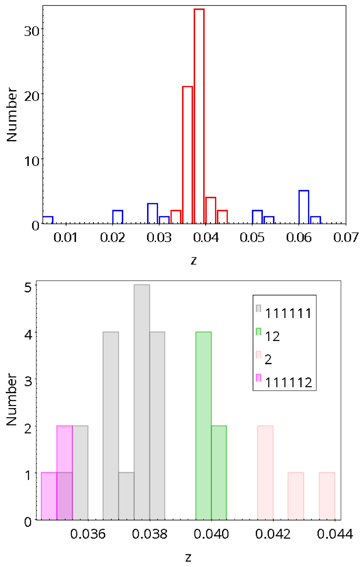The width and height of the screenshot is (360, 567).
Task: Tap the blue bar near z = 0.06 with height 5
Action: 304,207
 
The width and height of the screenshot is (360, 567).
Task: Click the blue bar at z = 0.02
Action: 118,217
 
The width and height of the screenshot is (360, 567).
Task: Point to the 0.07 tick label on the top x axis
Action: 346,238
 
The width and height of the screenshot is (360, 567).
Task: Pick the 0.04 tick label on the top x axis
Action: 206,238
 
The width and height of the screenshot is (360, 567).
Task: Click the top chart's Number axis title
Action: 12,114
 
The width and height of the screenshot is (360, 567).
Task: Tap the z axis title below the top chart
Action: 194,260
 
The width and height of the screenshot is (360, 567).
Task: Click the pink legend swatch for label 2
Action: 258,355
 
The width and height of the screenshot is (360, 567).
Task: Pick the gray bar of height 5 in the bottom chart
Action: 142,402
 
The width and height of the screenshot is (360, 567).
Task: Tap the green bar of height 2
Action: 219,472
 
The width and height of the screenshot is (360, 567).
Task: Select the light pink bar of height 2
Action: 265,472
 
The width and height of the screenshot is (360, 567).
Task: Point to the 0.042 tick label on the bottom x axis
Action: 273,534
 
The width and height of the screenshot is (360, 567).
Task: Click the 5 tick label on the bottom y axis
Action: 28,288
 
